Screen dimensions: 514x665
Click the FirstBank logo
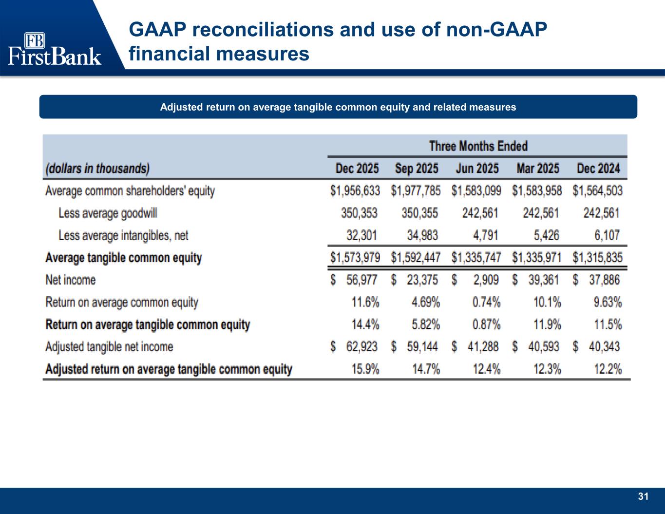point(55,49)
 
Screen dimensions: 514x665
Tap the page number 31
point(643,496)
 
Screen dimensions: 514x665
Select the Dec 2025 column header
point(357,169)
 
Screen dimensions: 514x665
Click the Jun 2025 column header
point(477,169)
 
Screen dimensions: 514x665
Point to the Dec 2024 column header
point(598,169)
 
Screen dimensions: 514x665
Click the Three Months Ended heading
point(478,146)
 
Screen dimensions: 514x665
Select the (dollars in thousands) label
point(97,169)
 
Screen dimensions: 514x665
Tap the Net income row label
point(70,280)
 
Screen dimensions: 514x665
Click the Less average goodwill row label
point(108,213)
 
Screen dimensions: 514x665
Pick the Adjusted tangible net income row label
point(109,347)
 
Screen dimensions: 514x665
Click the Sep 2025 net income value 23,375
point(422,280)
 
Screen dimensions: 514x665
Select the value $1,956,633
point(355,191)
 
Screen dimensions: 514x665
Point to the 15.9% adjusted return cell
point(365,369)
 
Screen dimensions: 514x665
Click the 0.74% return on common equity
point(486,303)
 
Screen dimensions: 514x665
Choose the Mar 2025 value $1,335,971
point(537,258)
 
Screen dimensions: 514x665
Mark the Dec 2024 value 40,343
point(604,347)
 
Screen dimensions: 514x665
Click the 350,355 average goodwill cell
point(419,213)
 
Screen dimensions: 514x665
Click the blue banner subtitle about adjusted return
point(338,107)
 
